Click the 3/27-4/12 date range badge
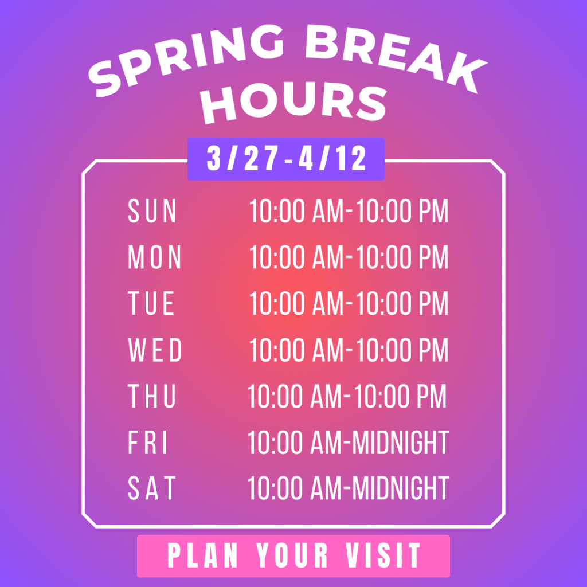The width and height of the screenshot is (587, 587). [x=286, y=159]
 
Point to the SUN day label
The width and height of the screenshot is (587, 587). [x=152, y=211]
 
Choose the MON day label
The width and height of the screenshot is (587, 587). [x=155, y=257]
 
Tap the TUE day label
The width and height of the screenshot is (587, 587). [x=151, y=303]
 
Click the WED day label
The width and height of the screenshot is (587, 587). [x=155, y=350]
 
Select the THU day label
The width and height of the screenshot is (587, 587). [x=152, y=396]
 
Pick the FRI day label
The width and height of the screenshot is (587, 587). [x=147, y=442]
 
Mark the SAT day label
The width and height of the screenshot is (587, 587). [x=151, y=488]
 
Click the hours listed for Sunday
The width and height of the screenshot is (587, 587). [x=349, y=211]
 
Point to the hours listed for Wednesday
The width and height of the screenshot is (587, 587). [x=349, y=350]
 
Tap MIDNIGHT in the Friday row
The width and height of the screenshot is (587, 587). [x=401, y=442]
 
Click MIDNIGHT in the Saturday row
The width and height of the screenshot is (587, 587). [x=401, y=488]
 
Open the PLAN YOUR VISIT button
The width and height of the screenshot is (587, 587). [x=293, y=556]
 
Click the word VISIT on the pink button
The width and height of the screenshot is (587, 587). [x=383, y=555]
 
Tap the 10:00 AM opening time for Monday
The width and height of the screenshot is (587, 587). [x=296, y=257]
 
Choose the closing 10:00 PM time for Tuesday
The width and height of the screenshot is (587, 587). [x=402, y=303]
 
